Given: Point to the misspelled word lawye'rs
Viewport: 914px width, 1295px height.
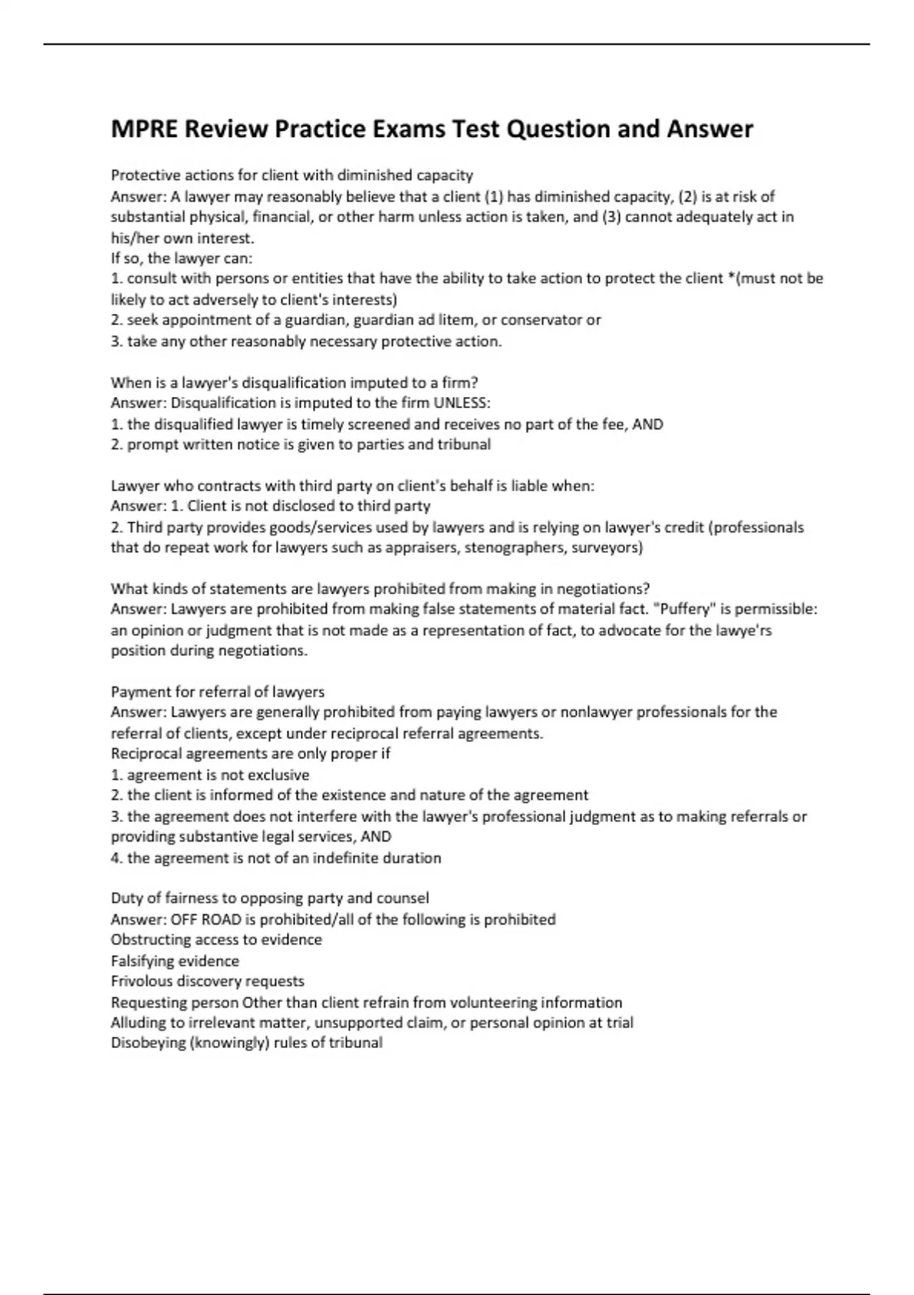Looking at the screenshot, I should [x=737, y=631].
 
